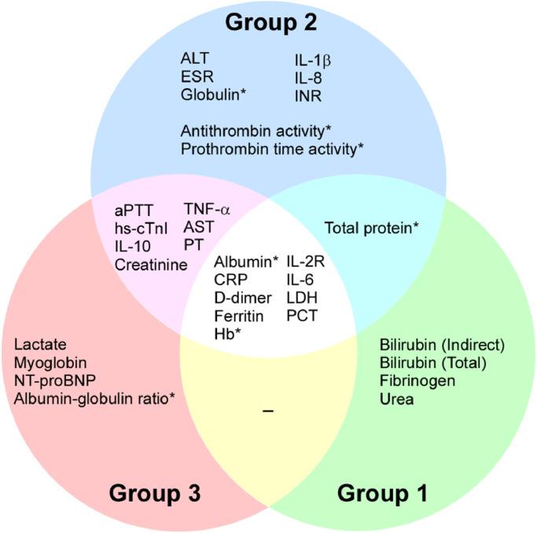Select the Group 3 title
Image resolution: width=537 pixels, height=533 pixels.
(154, 494)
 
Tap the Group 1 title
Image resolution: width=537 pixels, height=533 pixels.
(383, 494)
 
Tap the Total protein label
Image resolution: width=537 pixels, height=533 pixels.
(371, 228)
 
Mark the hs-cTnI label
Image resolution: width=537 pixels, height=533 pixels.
(142, 228)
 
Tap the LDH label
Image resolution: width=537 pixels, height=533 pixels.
(302, 297)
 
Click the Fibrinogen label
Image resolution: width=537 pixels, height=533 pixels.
(412, 381)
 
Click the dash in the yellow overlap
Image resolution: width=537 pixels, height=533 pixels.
(268, 413)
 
